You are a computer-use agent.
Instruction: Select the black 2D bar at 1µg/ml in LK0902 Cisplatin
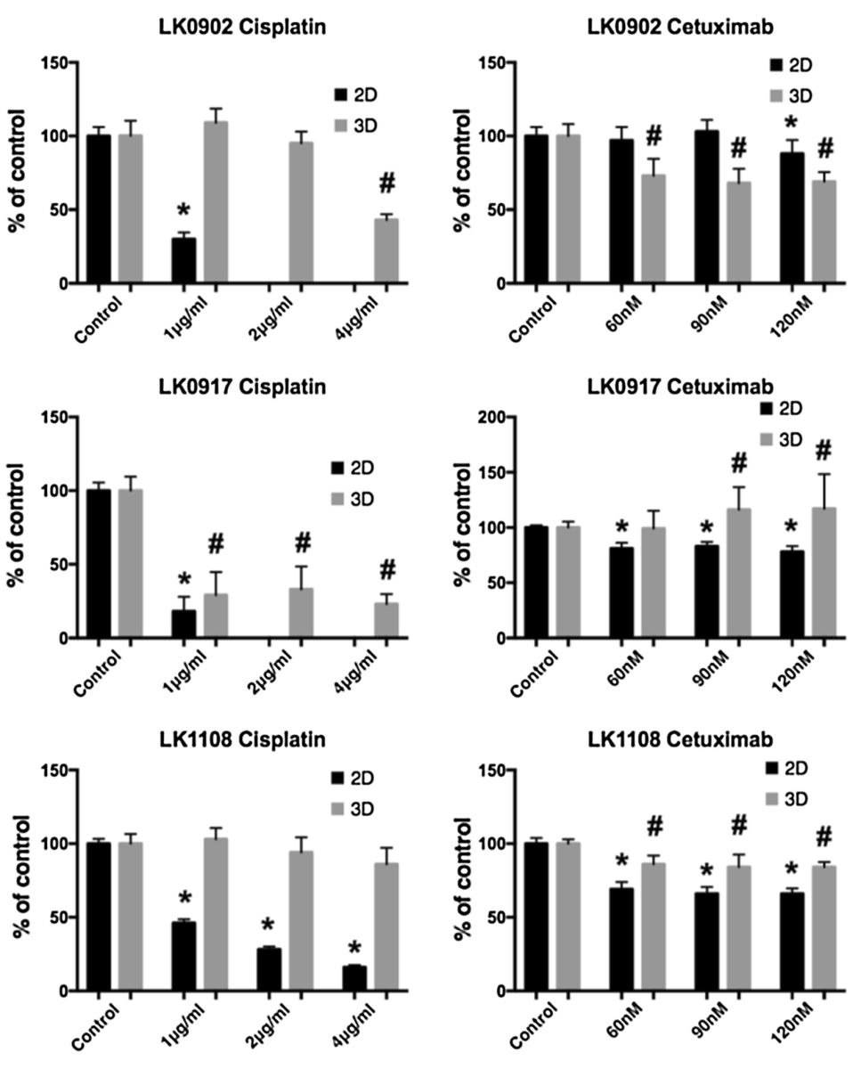[183, 261]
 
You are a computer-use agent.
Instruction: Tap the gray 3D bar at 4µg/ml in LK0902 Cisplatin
[386, 251]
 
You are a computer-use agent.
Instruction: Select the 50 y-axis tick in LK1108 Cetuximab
[486, 918]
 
